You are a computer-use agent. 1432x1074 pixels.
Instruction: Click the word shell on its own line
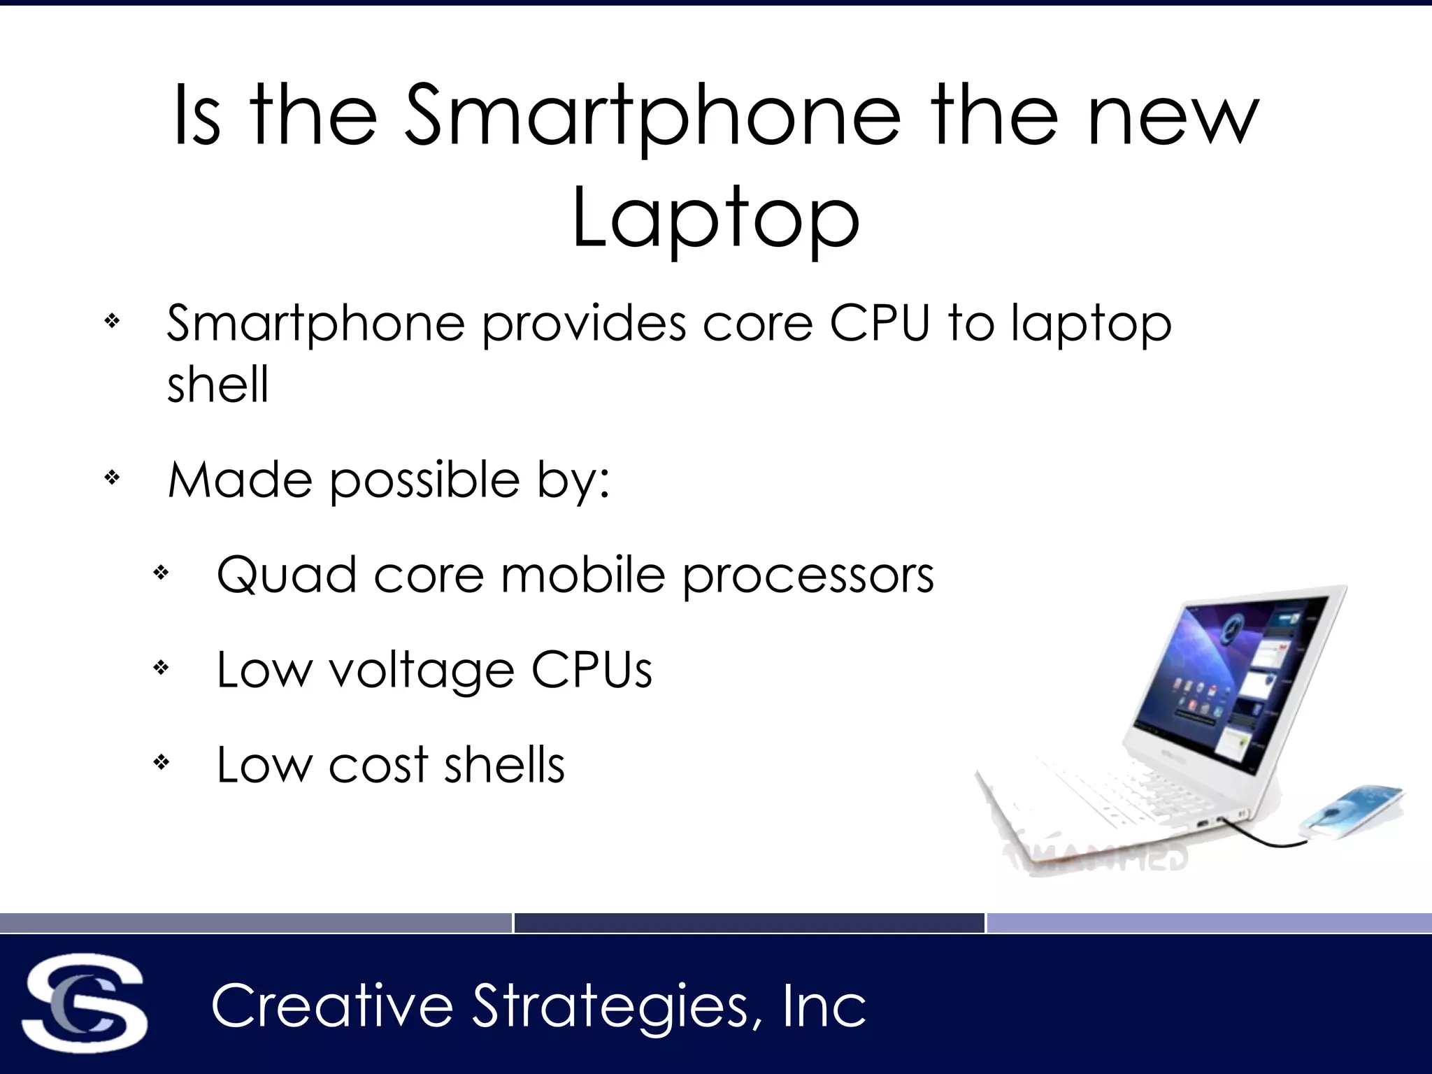pos(217,384)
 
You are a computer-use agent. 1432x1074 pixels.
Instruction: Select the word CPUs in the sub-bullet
pos(592,670)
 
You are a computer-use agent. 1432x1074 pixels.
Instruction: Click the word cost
pos(378,764)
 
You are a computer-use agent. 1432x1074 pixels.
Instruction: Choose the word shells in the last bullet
pos(504,764)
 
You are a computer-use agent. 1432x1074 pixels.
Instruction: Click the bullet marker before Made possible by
pos(112,478)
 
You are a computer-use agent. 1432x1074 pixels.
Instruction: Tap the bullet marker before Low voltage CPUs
pos(161,668)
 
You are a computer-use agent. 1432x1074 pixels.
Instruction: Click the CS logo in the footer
pos(85,1003)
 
